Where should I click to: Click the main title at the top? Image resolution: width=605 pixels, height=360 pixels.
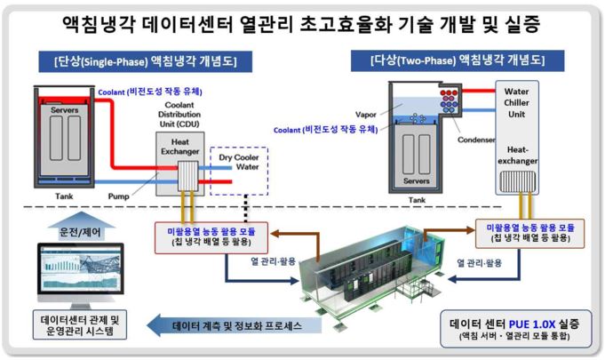click(302, 21)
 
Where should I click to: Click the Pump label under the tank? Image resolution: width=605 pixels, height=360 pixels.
click(120, 195)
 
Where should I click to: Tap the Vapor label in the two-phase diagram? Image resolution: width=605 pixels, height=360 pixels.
click(367, 115)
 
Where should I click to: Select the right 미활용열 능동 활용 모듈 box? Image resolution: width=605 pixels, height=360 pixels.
click(530, 233)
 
